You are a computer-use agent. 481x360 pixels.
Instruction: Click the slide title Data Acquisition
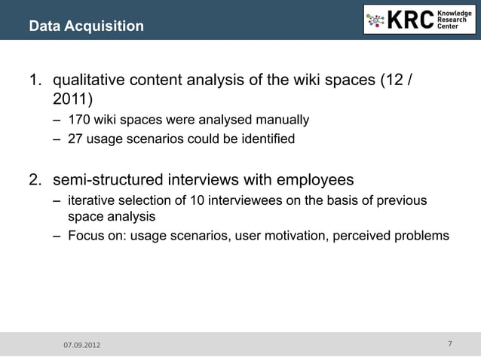pyautogui.click(x=86, y=27)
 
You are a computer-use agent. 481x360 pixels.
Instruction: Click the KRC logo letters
pyautogui.click(x=410, y=20)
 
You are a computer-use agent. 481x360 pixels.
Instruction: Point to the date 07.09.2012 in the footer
pyautogui.click(x=81, y=345)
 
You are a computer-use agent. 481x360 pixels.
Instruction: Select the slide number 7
pyautogui.click(x=449, y=344)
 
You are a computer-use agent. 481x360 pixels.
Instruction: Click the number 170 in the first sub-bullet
pyautogui.click(x=78, y=120)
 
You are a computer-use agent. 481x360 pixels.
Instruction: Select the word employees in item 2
pyautogui.click(x=317, y=180)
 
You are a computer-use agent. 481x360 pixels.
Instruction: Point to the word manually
pyautogui.click(x=284, y=120)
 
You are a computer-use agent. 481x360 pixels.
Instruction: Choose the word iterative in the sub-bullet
pyautogui.click(x=91, y=200)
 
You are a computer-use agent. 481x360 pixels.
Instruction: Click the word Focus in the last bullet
pyautogui.click(x=85, y=236)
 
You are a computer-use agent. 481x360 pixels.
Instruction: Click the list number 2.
pyautogui.click(x=35, y=180)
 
